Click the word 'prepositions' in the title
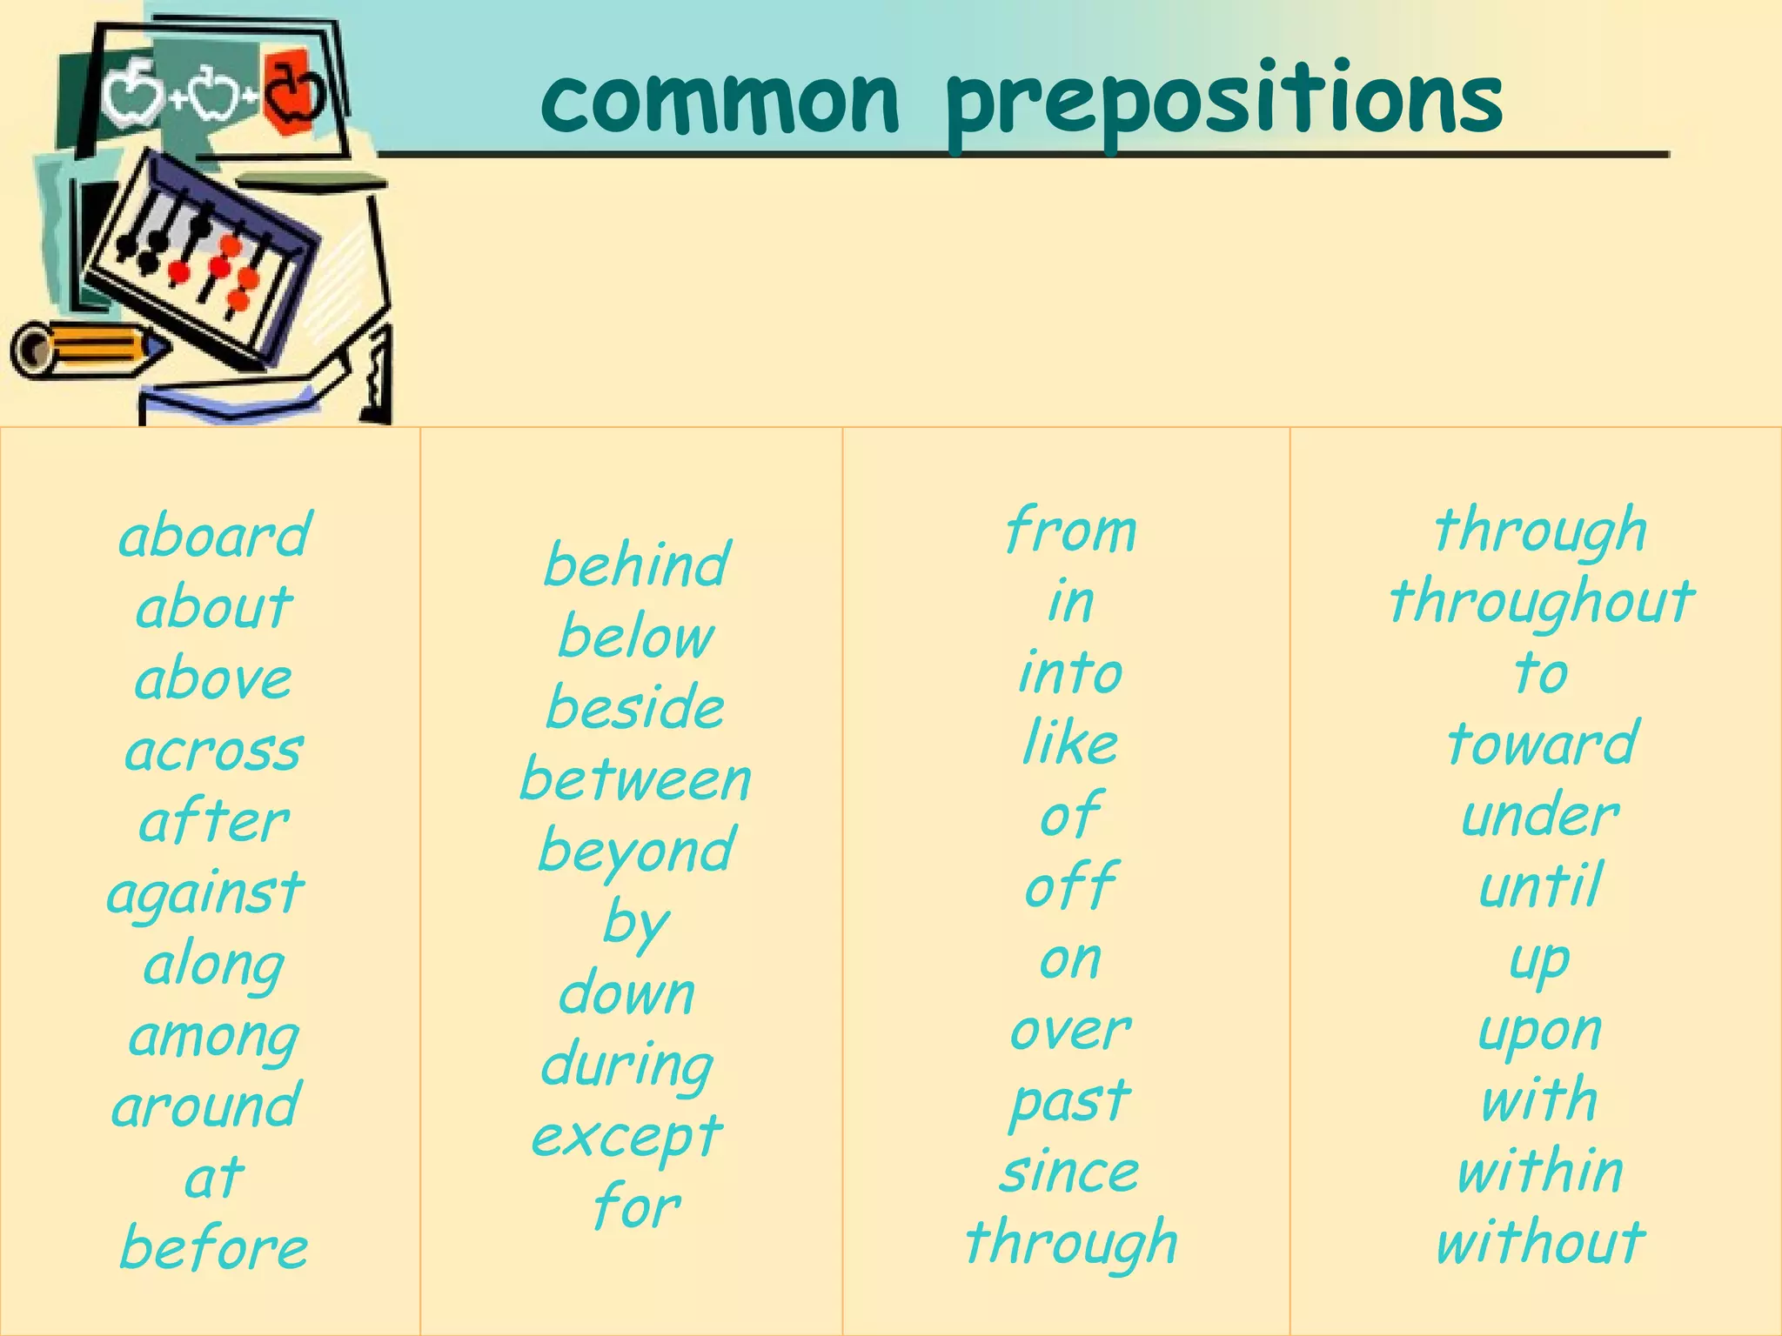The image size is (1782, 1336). (1223, 103)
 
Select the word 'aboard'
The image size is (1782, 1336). (214, 536)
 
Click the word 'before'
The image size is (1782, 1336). (214, 1248)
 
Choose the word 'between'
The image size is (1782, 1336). (635, 780)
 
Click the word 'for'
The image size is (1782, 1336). (636, 1207)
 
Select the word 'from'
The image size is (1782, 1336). (1070, 531)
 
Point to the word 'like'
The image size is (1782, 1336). (1070, 745)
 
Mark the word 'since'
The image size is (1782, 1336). (1069, 1172)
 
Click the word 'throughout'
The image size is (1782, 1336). (1541, 603)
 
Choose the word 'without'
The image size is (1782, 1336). (1540, 1242)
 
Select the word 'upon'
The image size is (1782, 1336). (1540, 1032)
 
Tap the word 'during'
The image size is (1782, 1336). (626, 1066)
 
